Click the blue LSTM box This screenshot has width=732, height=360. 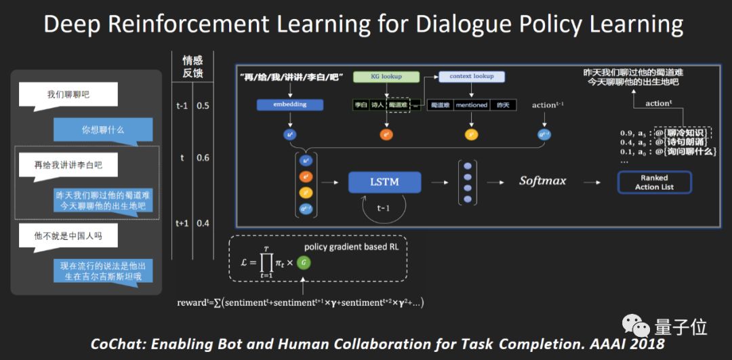pyautogui.click(x=384, y=182)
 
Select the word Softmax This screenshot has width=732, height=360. pyautogui.click(x=542, y=181)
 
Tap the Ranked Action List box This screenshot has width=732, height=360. pyautogui.click(x=654, y=182)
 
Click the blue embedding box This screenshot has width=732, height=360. pyautogui.click(x=290, y=104)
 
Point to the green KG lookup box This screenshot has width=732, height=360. pyautogui.click(x=386, y=77)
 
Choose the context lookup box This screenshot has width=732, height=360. pyautogui.click(x=471, y=77)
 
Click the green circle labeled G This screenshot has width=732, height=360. pyautogui.click(x=304, y=262)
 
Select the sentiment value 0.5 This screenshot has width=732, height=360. pyautogui.click(x=203, y=106)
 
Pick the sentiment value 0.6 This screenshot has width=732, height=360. pyautogui.click(x=203, y=157)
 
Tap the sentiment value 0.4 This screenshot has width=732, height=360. pyautogui.click(x=203, y=223)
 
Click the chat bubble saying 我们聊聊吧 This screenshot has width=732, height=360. pyautogui.click(x=68, y=95)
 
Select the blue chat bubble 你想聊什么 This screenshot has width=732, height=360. pyautogui.click(x=104, y=129)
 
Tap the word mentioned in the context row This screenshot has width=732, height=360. pyautogui.click(x=471, y=105)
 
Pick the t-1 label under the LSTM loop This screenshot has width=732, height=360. pyautogui.click(x=384, y=209)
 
